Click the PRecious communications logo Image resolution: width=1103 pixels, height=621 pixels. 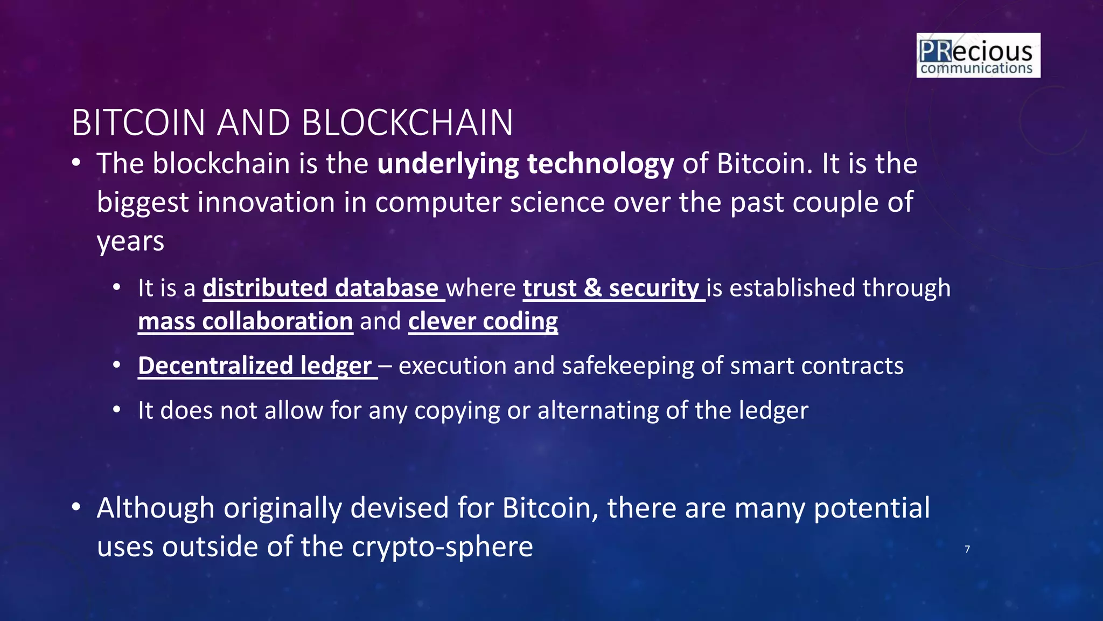coord(978,55)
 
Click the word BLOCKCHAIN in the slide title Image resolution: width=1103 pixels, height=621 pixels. coord(407,123)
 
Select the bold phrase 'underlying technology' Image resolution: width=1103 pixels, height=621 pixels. coord(525,164)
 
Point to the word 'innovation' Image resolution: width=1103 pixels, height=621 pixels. coord(282,203)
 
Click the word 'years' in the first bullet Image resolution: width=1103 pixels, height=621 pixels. coord(130,241)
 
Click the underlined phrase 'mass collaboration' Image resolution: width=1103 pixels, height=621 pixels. coord(246,321)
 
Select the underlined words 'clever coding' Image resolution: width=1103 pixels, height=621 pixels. coord(483,321)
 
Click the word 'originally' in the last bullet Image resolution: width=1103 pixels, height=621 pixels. coord(282,508)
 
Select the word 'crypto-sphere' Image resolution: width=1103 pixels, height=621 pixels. coord(442,547)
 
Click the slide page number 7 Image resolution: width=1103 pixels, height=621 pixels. coord(967,549)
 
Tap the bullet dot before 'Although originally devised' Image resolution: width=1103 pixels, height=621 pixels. coord(76,507)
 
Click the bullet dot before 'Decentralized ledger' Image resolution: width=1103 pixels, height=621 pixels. coord(117,365)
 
